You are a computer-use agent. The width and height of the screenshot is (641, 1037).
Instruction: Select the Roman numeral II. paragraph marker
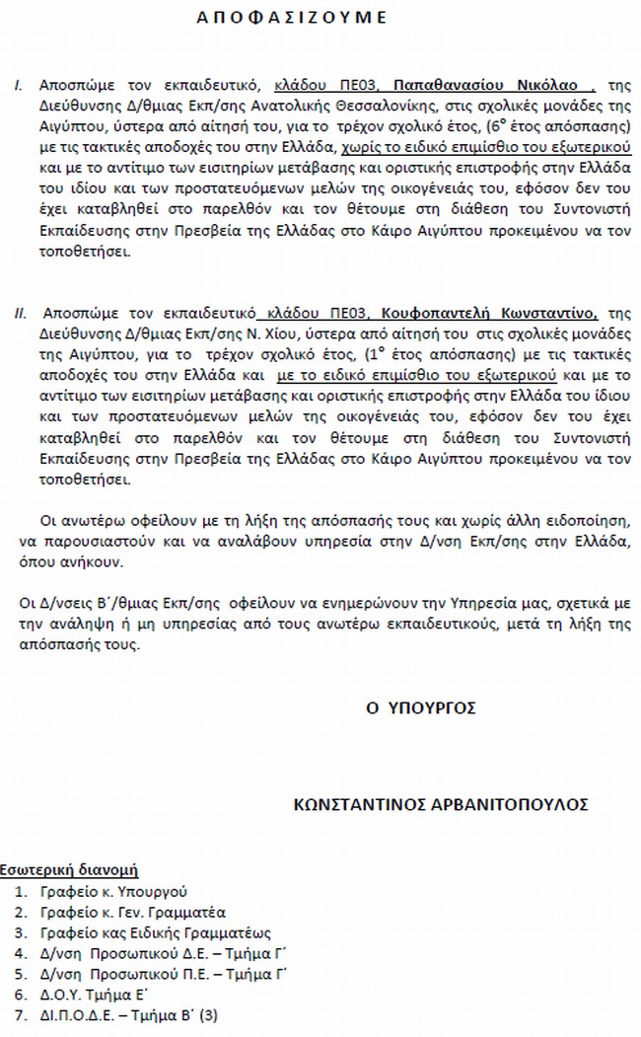tap(20, 314)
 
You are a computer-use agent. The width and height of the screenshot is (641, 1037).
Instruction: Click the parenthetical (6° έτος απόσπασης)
tap(536, 127)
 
